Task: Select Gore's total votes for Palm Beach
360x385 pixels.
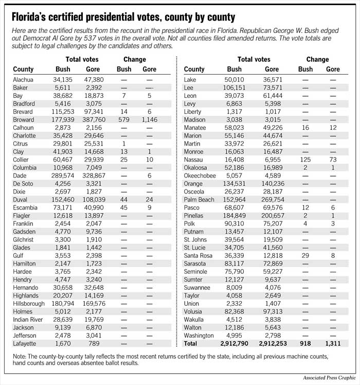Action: point(272,200)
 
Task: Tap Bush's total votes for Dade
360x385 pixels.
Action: point(63,175)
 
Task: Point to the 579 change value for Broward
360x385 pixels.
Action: point(123,119)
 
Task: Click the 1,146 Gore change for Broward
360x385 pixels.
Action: point(149,119)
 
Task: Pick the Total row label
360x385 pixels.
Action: point(190,343)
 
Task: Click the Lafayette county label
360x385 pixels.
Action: point(27,343)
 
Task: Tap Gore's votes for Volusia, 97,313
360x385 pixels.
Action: point(272,311)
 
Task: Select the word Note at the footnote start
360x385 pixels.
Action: point(20,356)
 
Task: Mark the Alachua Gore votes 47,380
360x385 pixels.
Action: point(93,80)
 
